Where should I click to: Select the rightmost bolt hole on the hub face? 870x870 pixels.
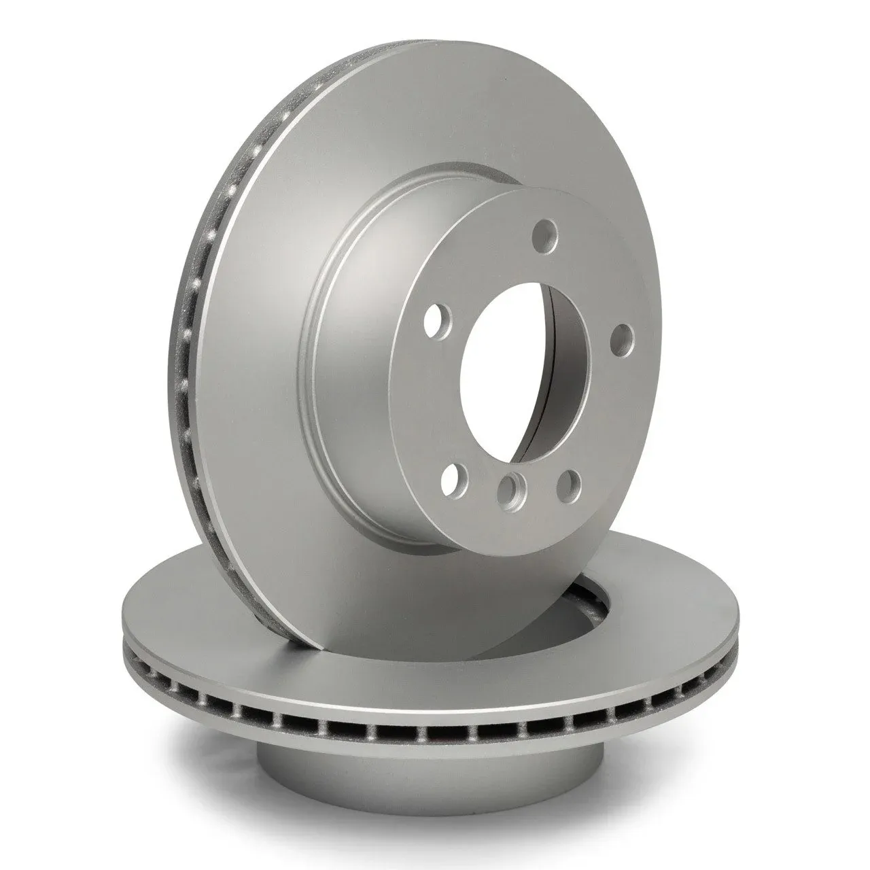[x=621, y=338]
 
